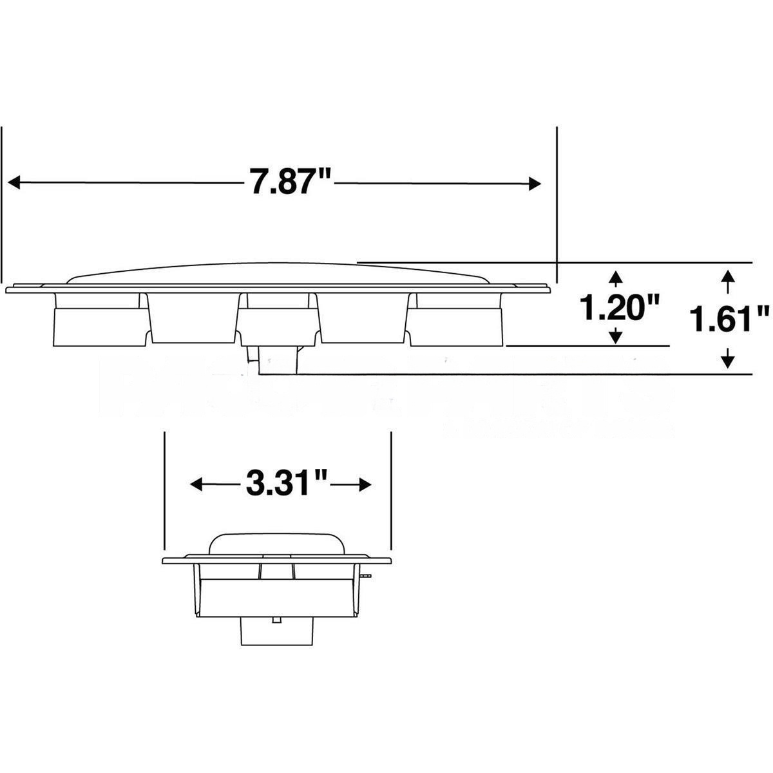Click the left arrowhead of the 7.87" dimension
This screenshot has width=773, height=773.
[x=14, y=182]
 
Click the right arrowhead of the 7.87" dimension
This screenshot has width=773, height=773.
[x=535, y=184]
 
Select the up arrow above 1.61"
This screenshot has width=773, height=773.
[x=727, y=277]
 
